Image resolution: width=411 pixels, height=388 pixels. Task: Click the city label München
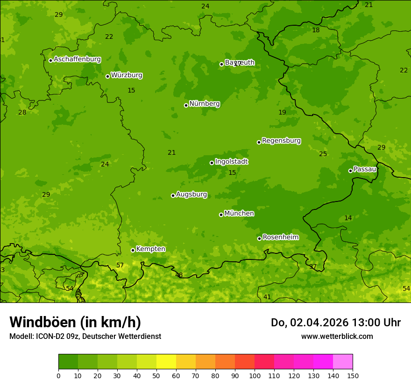tap(239, 214)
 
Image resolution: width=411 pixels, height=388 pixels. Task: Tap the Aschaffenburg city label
tap(77, 59)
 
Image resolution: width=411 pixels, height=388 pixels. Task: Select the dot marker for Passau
tap(350, 171)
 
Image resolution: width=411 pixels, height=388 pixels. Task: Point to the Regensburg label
tap(281, 141)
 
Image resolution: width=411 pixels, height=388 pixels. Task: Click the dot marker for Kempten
tap(133, 250)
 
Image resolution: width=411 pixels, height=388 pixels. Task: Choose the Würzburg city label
tap(127, 75)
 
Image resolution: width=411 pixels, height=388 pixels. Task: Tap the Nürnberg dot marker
tap(186, 105)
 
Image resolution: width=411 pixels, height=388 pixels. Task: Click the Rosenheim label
tap(280, 237)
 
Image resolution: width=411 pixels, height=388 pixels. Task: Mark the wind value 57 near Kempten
tap(120, 266)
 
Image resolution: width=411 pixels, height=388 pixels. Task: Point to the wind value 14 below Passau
tap(348, 218)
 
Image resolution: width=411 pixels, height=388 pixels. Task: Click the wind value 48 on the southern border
tap(179, 275)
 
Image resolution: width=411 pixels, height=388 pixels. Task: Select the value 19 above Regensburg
tap(282, 113)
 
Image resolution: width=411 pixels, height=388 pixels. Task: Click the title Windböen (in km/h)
tap(75, 322)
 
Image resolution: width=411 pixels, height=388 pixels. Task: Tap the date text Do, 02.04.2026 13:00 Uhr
tap(335, 323)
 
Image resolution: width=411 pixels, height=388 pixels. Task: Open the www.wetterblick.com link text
tap(337, 337)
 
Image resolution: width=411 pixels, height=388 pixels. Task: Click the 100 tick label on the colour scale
tap(255, 375)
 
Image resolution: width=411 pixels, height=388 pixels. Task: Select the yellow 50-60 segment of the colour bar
tap(166, 362)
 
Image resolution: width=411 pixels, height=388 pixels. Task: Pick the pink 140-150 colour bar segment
tap(342, 362)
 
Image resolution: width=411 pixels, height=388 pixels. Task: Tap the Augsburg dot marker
tap(173, 195)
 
